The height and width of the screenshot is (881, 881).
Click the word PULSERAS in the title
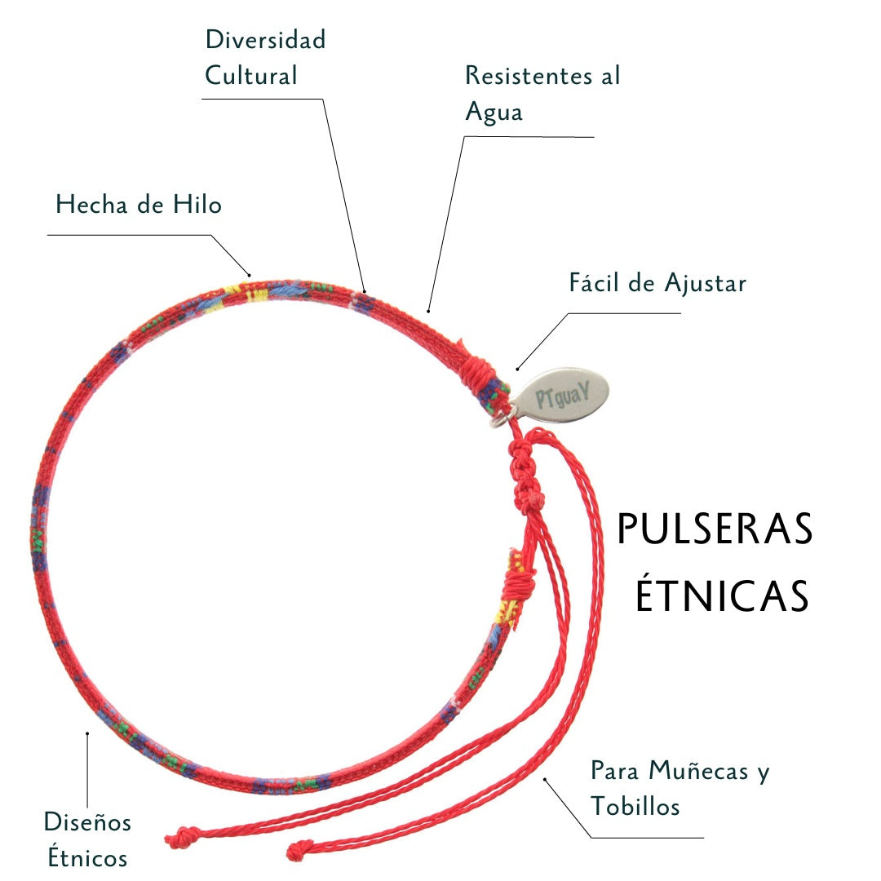pos(715,530)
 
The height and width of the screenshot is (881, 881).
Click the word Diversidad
pos(265,39)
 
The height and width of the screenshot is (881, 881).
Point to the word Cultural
pos(250,76)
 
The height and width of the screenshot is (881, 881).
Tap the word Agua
pos(494,112)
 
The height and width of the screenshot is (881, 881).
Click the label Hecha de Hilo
pos(139,204)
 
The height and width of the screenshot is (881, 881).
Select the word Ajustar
pos(705,283)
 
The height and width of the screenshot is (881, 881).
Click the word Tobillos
pos(635,807)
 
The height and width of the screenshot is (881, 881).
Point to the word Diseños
pos(87,821)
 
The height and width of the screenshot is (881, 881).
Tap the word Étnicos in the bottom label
pos(87,857)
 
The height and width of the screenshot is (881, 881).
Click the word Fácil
pos(594,283)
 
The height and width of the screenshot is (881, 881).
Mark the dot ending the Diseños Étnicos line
pos(87,733)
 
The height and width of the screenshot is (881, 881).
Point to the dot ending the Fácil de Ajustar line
pos(517,369)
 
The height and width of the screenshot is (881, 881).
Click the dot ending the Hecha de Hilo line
pos(250,274)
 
